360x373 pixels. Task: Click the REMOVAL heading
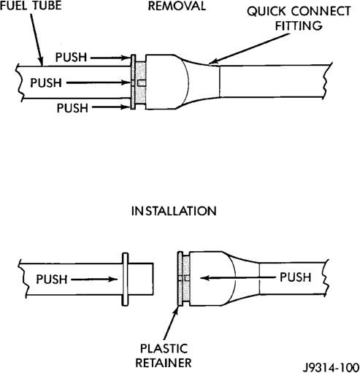tap(177, 6)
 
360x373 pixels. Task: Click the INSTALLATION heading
tap(174, 211)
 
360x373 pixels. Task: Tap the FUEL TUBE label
tap(31, 5)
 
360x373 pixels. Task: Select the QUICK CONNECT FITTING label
tap(299, 18)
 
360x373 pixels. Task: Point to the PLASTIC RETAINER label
tap(164, 355)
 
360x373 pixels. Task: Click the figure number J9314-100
tap(332, 367)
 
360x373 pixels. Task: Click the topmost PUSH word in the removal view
tap(71, 58)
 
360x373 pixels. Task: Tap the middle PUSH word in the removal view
tap(46, 82)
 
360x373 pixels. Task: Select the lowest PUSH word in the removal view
tap(72, 108)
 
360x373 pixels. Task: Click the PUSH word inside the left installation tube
tap(52, 279)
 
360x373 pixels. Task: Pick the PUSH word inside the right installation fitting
tap(296, 277)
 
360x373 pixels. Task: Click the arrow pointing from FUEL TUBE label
tap(37, 39)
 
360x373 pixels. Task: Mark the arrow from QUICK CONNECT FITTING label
tap(249, 49)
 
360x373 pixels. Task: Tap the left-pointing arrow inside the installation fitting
tap(237, 277)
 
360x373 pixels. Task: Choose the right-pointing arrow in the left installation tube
tap(94, 280)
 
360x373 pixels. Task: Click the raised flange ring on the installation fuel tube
tap(125, 280)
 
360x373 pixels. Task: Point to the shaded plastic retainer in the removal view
tap(140, 82)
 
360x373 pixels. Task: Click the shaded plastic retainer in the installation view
tap(184, 278)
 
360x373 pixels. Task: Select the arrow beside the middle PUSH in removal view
tap(99, 82)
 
